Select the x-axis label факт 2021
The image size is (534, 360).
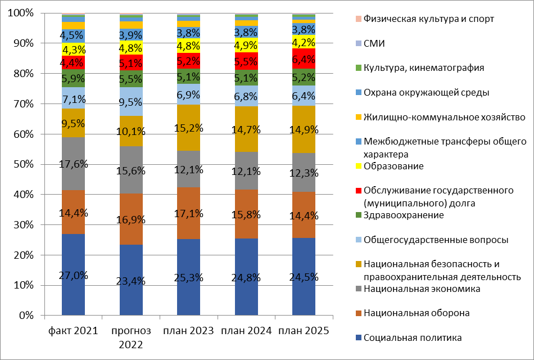tap(73, 331)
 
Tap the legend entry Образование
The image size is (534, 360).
tap(393, 166)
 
